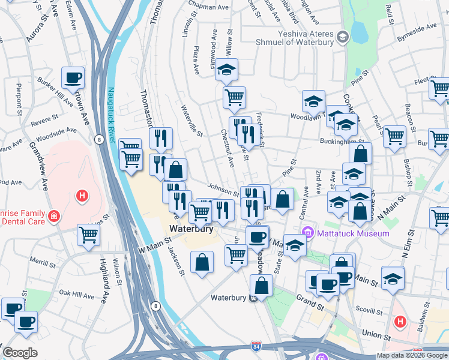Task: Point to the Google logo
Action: coord(20,353)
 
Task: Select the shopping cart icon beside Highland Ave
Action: coord(88,235)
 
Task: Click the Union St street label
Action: coord(376,333)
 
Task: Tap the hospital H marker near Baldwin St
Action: coord(400,322)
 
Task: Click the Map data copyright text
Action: coord(411,355)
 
